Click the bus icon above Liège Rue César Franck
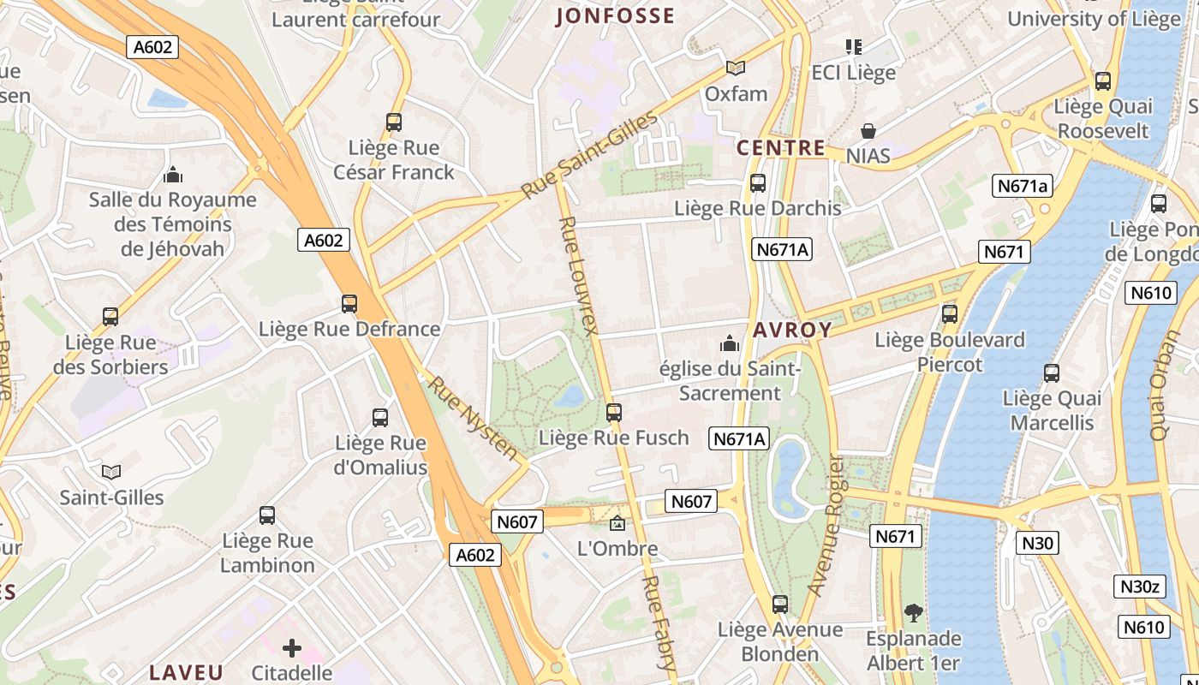(x=394, y=122)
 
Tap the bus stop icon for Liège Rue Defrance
(x=349, y=303)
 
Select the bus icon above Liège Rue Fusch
(x=613, y=413)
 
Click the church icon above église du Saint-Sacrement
(x=730, y=343)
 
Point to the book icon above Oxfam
(x=736, y=68)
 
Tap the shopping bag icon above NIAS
(x=868, y=131)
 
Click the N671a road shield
(x=1023, y=186)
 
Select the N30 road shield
(x=1037, y=543)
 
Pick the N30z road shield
(x=1141, y=587)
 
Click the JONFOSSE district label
(x=615, y=16)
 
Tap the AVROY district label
(x=792, y=330)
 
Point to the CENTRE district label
(x=781, y=148)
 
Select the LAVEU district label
(x=186, y=672)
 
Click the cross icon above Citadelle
(x=292, y=648)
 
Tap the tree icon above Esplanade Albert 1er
(x=914, y=613)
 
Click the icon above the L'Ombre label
(x=617, y=522)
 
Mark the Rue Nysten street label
(x=474, y=418)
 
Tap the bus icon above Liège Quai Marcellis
(x=1052, y=373)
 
